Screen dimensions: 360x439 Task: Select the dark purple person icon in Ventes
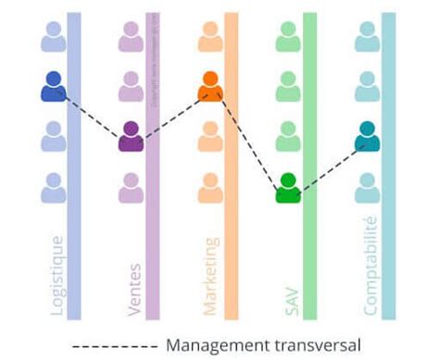pos(132,137)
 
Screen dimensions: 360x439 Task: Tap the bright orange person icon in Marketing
pos(210,87)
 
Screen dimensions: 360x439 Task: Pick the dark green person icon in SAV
pos(288,188)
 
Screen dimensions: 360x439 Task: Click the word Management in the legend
pos(215,346)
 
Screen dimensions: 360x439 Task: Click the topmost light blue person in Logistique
pos(54,37)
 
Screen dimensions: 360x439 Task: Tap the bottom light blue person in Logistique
pos(54,188)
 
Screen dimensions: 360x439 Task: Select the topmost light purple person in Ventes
pos(132,37)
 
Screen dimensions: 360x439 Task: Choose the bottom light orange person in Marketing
pos(210,188)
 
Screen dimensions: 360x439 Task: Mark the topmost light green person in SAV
pos(288,37)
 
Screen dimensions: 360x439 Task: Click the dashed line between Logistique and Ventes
pos(93,116)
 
